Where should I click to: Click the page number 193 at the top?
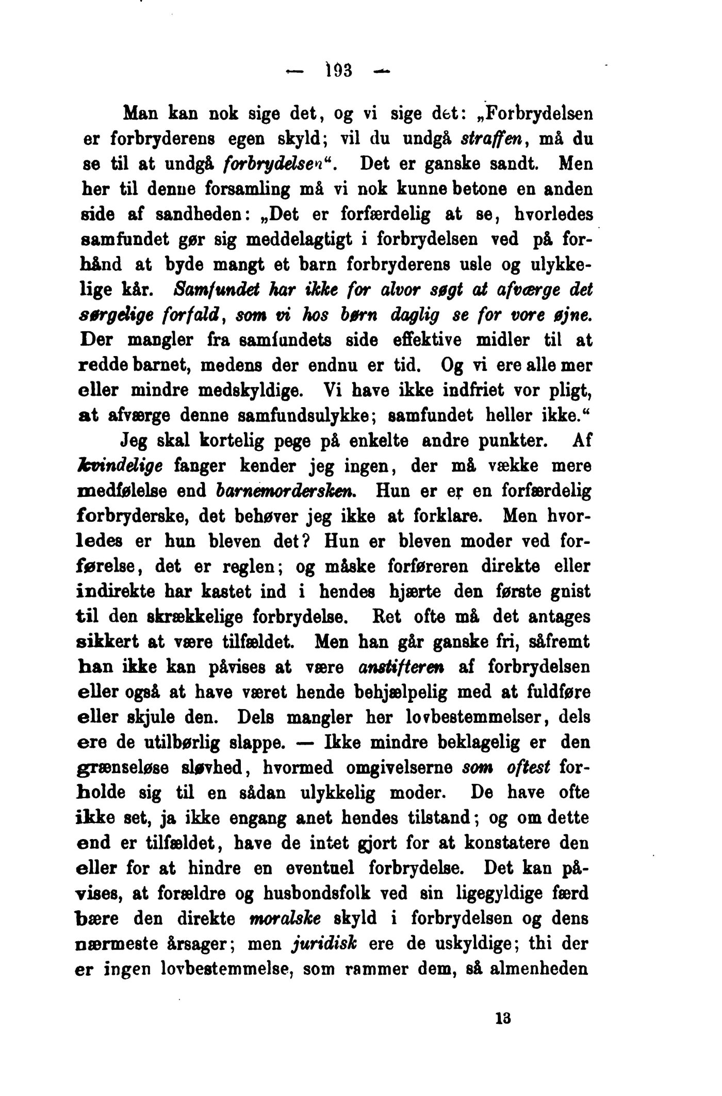pos(339,69)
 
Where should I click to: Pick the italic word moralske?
pos(285,918)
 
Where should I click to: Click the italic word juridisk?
pos(321,944)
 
